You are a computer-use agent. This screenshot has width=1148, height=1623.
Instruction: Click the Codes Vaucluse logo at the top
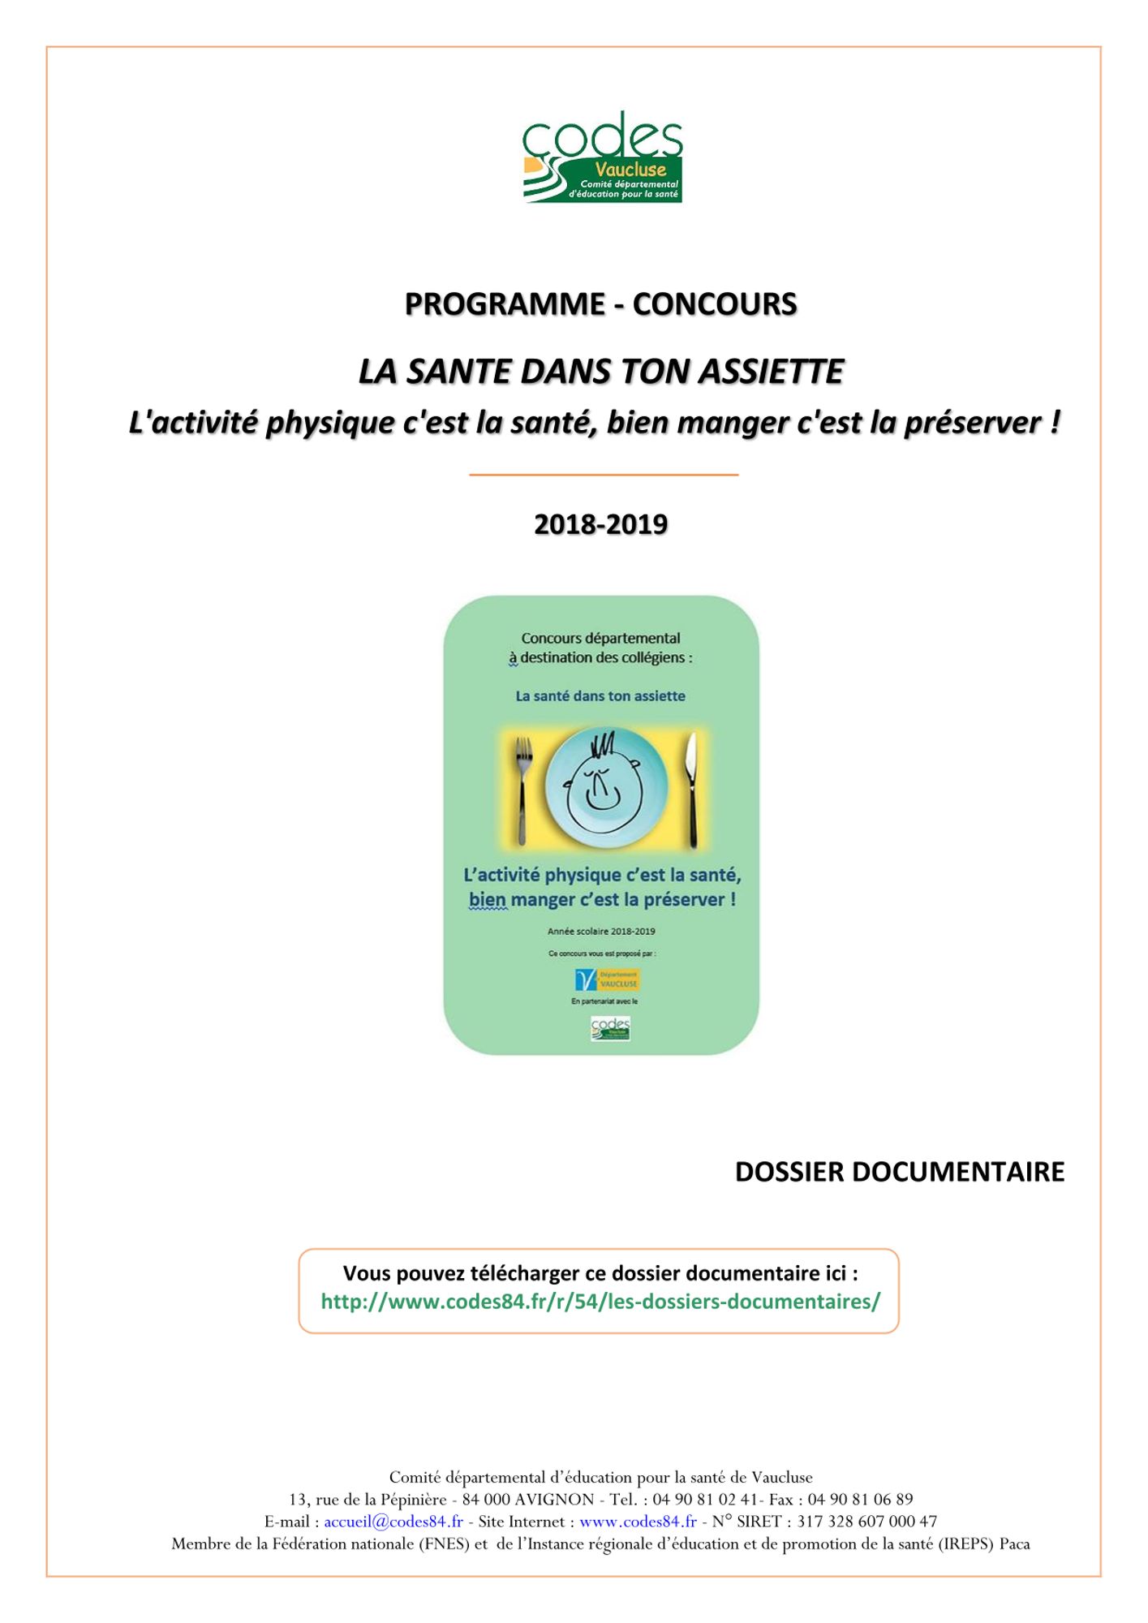602,157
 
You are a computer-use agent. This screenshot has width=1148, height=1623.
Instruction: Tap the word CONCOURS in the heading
715,304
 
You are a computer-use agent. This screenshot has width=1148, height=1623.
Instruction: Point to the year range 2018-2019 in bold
600,524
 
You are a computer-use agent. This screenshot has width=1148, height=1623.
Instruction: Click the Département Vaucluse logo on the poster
608,979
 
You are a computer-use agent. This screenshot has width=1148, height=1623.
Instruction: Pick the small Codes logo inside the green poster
610,1028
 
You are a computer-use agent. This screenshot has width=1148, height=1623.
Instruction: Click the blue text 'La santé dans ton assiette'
600,696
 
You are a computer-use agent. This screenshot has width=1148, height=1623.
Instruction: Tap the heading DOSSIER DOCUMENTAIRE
899,1172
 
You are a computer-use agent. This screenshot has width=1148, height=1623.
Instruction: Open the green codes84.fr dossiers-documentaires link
600,1302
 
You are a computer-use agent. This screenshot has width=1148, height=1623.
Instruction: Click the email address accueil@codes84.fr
393,1522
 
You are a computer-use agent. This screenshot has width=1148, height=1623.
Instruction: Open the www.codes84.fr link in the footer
638,1522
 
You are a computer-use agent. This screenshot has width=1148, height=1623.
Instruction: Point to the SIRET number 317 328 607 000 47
866,1522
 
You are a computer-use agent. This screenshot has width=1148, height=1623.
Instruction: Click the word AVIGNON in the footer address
554,1500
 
